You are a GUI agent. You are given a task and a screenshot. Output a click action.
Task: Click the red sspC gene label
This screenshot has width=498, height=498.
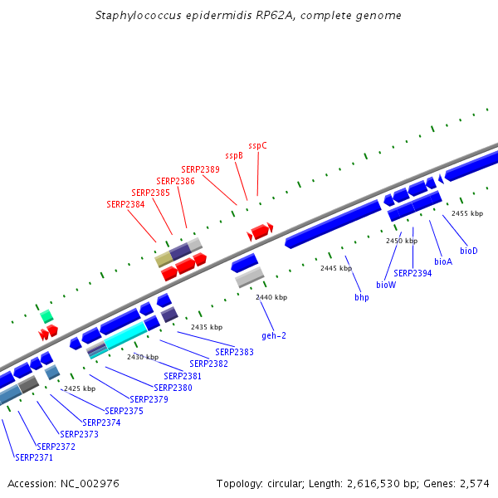click(x=257, y=146)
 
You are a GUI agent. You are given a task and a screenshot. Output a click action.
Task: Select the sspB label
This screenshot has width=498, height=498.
click(x=234, y=156)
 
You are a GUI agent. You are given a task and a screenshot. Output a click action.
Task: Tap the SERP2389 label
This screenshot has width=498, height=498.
click(x=200, y=169)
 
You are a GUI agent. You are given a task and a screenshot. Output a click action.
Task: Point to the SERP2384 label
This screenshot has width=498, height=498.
click(x=125, y=204)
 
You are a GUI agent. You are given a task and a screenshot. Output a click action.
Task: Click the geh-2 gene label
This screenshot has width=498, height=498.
click(x=274, y=335)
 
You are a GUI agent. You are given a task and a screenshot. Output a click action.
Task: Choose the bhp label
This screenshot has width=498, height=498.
click(x=362, y=298)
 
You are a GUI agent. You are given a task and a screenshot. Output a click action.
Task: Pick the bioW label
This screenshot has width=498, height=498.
click(x=386, y=285)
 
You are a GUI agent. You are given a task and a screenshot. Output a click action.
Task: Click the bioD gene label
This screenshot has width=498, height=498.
click(x=469, y=251)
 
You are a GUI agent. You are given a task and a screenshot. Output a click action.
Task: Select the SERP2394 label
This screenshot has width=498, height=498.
click(x=413, y=273)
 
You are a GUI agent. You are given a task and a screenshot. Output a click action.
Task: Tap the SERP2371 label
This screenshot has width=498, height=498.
click(x=34, y=457)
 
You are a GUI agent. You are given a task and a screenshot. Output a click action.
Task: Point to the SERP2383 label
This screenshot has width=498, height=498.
click(x=234, y=352)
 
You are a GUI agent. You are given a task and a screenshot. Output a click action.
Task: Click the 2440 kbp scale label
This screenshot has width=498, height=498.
click(x=271, y=297)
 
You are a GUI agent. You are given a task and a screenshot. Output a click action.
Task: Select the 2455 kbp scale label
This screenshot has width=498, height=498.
click(x=467, y=213)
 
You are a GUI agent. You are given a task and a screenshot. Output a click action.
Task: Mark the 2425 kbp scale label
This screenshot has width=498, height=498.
click(x=80, y=388)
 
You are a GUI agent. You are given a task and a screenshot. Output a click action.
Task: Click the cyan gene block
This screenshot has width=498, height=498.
click(x=126, y=335)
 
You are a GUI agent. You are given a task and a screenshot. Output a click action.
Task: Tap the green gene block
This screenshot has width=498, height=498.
click(x=46, y=316)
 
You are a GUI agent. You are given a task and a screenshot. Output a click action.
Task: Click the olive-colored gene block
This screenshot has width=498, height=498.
click(x=164, y=259)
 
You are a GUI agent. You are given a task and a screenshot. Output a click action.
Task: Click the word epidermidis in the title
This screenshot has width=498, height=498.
click(x=219, y=15)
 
